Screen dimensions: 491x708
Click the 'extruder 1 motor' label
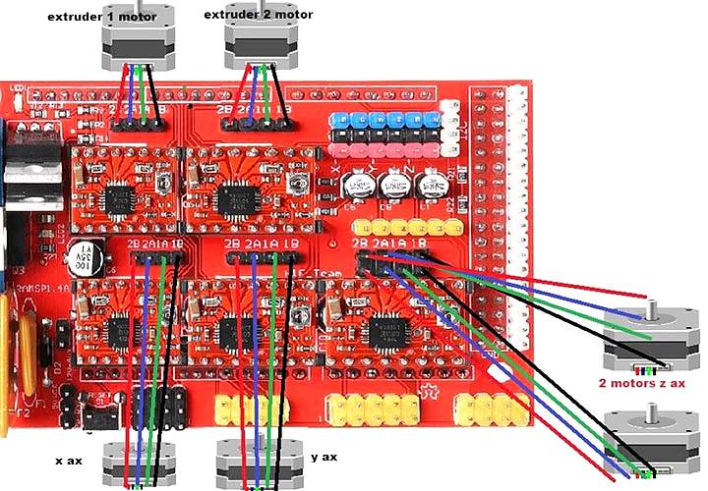click(95, 17)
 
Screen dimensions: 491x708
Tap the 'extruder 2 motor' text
click(259, 15)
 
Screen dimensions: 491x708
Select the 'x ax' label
click(70, 459)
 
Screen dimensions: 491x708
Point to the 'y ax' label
click(324, 457)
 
